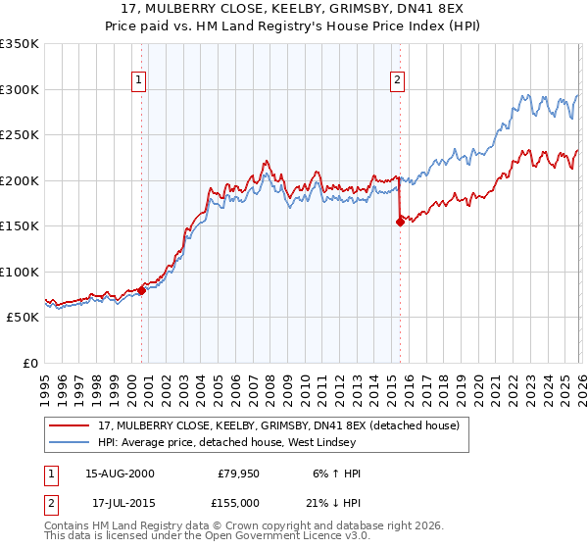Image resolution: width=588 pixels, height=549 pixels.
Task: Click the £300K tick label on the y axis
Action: pos(19,89)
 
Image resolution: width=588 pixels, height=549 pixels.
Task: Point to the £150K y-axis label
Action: pos(19,226)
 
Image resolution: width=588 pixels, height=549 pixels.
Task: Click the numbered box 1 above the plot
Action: pos(138,80)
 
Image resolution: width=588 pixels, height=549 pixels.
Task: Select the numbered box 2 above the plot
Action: pos(398,80)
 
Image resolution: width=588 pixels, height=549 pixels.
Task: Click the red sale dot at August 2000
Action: pos(141,290)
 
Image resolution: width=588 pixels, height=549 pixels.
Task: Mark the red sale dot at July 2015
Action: pos(400,222)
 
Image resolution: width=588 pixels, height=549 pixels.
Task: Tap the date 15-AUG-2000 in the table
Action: pos(120,474)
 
